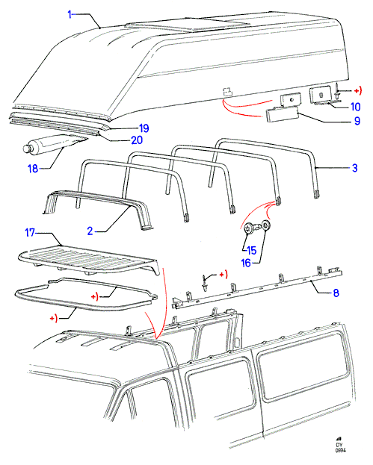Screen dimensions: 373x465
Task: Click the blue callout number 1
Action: coord(70,14)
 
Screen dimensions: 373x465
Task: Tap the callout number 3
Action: coord(354,168)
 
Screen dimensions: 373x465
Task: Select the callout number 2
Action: coord(90,231)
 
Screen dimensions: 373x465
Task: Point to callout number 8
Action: coord(336,293)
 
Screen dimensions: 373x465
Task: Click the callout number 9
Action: coord(357,121)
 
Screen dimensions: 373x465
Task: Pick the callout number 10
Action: coord(356,107)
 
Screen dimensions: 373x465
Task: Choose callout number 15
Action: coord(251,250)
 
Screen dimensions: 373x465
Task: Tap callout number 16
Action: coord(246,263)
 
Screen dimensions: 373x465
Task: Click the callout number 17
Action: coord(30,232)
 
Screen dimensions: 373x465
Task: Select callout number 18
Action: coord(33,169)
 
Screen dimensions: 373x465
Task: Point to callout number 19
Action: coord(144,128)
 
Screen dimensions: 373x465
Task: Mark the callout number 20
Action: coord(137,140)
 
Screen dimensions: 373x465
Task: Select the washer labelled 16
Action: coord(266,225)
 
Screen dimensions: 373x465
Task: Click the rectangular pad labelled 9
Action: coord(282,114)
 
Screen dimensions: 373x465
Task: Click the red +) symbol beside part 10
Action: coord(358,90)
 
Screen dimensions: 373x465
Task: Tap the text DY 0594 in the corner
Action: coord(340,447)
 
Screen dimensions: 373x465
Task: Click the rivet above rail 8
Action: coord(204,283)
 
